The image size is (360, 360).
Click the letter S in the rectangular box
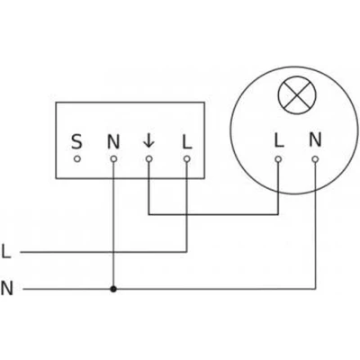(76, 141)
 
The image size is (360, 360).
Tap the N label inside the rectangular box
(113, 141)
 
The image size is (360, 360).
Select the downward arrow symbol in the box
(148, 141)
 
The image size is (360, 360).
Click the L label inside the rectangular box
(187, 141)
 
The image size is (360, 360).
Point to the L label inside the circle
(279, 139)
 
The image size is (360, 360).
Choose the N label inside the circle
(315, 139)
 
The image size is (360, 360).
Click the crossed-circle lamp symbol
(297, 95)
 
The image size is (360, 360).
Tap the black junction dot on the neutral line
(113, 289)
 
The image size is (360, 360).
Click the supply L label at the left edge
(6, 251)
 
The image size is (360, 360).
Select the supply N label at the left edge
(7, 288)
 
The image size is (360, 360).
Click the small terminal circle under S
(77, 159)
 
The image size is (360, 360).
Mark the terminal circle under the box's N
(113, 159)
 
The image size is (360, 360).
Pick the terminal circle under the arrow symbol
(148, 159)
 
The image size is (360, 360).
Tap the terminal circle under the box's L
(187, 159)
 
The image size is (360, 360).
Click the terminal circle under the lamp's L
(278, 159)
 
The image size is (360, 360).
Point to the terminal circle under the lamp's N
(315, 159)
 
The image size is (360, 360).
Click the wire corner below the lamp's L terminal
(278, 214)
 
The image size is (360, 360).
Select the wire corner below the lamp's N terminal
(315, 289)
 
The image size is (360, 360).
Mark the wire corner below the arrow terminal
(148, 214)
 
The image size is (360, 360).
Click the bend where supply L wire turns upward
(187, 252)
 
